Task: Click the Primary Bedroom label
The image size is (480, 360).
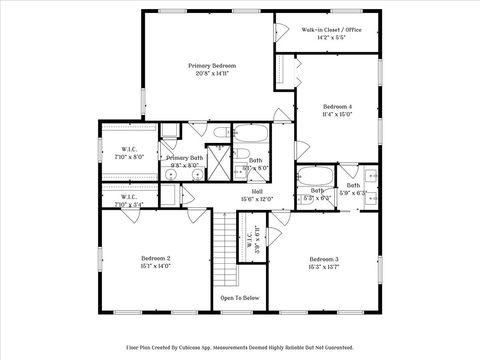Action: pos(211,65)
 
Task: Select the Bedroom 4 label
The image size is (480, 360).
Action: pos(337,106)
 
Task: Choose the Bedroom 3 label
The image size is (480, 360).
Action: pos(323,259)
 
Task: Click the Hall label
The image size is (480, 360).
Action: pos(257,191)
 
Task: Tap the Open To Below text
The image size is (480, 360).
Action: pos(240,297)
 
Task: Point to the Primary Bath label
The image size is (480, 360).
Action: pos(184,158)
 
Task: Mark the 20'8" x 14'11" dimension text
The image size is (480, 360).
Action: pos(211,73)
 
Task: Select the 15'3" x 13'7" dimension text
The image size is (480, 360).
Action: pos(323,267)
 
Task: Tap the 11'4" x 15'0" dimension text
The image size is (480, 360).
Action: pos(337,114)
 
